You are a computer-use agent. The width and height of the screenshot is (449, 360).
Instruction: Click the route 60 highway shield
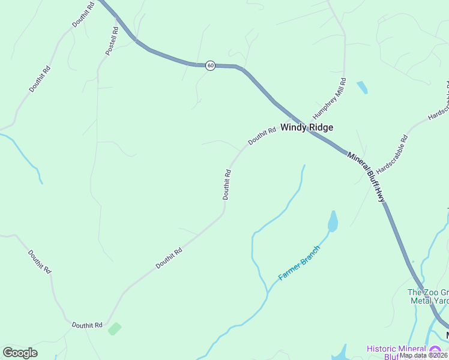point(210,65)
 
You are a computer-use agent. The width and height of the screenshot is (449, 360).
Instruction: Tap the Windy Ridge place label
point(307,127)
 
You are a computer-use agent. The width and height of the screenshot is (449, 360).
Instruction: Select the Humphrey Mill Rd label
point(329,98)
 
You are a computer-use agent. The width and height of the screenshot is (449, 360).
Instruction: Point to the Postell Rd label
point(112,41)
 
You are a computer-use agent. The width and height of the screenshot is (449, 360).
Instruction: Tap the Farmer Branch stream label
point(299,263)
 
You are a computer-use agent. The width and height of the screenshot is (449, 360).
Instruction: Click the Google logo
point(20,353)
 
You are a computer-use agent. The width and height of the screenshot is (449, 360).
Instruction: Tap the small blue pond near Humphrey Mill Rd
point(362,87)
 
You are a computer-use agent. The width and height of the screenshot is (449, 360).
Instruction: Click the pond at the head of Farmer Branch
point(332,221)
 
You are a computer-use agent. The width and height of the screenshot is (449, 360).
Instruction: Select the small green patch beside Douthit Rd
point(114,328)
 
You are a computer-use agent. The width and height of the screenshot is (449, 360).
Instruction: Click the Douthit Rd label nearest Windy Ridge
point(262,135)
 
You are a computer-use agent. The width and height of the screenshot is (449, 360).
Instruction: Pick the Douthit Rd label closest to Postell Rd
point(83,13)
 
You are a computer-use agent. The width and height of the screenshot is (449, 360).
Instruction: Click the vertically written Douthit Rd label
point(227,184)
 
